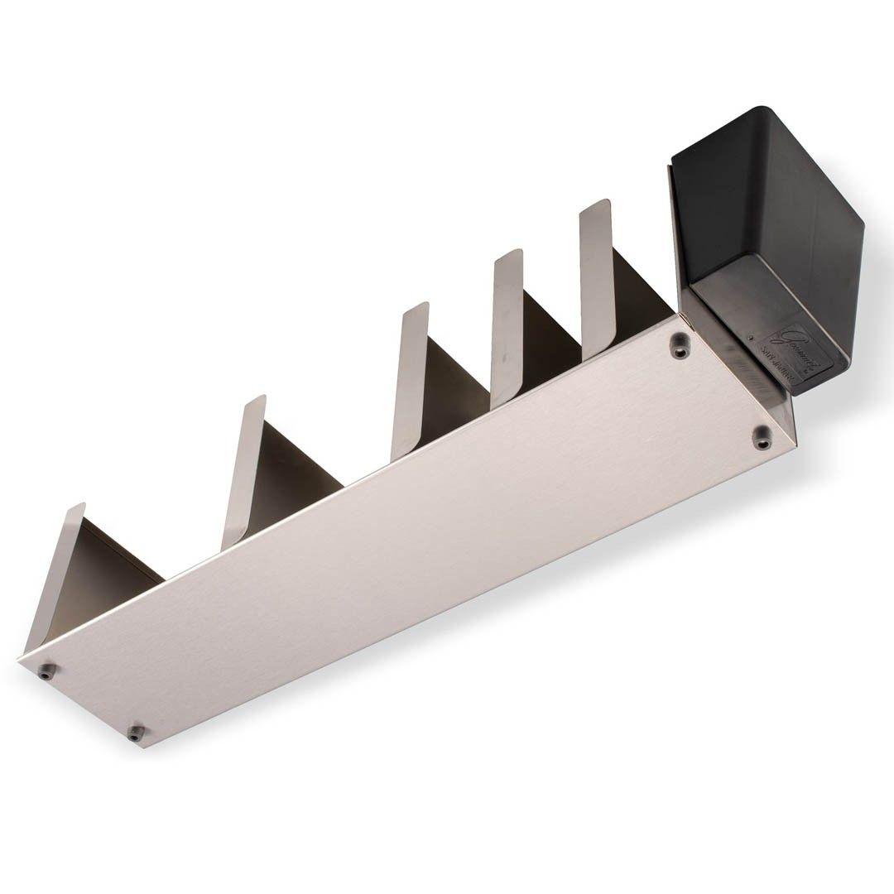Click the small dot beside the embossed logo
click(750, 338)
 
